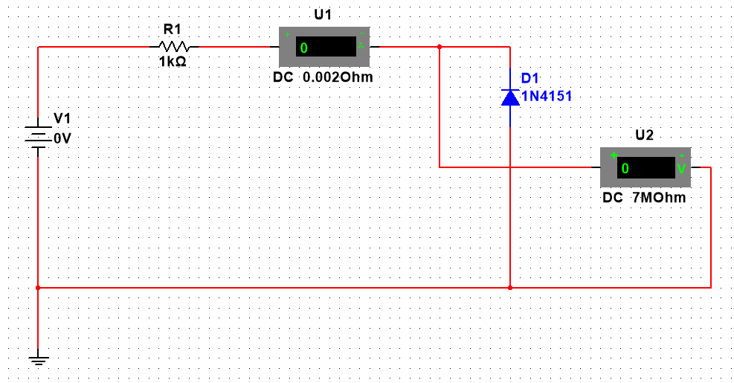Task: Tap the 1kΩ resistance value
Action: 173,62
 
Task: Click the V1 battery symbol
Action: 38,138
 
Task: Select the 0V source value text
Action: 62,138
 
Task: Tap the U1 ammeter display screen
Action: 326,48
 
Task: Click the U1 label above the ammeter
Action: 324,15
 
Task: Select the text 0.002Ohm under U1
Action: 338,77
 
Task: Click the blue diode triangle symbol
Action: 510,97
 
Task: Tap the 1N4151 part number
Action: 547,96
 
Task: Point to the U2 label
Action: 645,135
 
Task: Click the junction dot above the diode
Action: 440,47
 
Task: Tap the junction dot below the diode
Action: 510,287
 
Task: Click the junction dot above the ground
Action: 38,287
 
